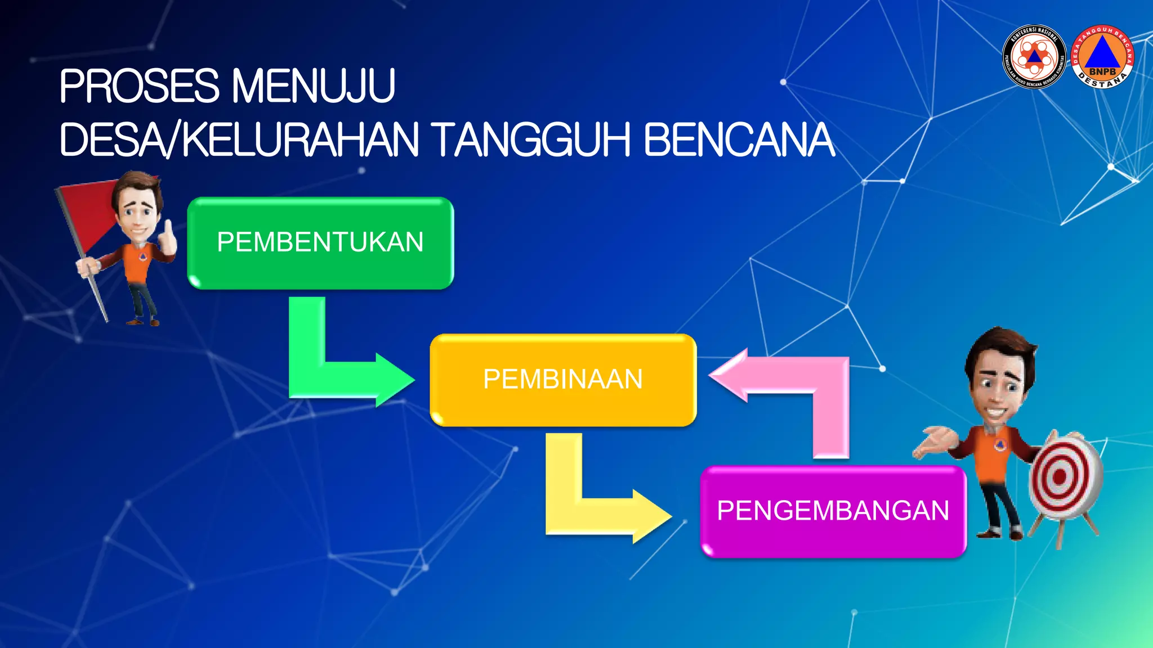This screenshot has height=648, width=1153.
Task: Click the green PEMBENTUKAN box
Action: [x=320, y=243]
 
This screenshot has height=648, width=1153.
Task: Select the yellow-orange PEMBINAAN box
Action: [x=563, y=380]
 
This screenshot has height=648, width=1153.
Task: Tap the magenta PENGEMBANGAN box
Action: [x=833, y=511]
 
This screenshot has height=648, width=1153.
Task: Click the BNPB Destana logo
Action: [x=1102, y=57]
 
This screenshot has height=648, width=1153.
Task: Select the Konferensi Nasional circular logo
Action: [x=1034, y=57]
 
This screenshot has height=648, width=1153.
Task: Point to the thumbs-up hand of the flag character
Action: [x=167, y=239]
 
